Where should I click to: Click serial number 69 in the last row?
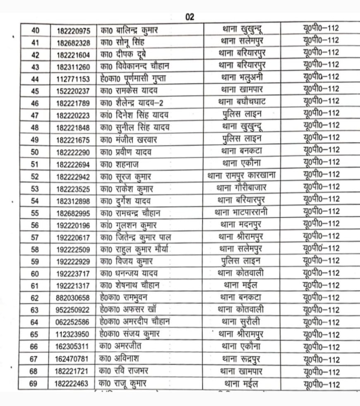(34, 384)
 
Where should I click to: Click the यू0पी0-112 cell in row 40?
(321, 29)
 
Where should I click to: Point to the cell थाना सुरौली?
(242, 322)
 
